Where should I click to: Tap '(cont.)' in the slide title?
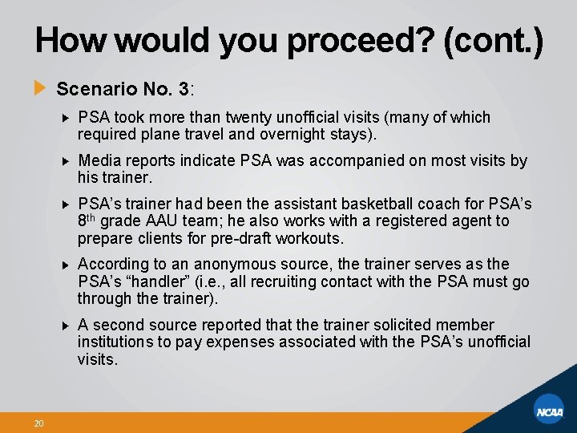click(x=491, y=40)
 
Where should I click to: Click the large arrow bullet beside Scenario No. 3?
click(x=40, y=87)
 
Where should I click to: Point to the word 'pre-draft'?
click(x=240, y=238)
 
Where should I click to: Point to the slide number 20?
click(x=38, y=423)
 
